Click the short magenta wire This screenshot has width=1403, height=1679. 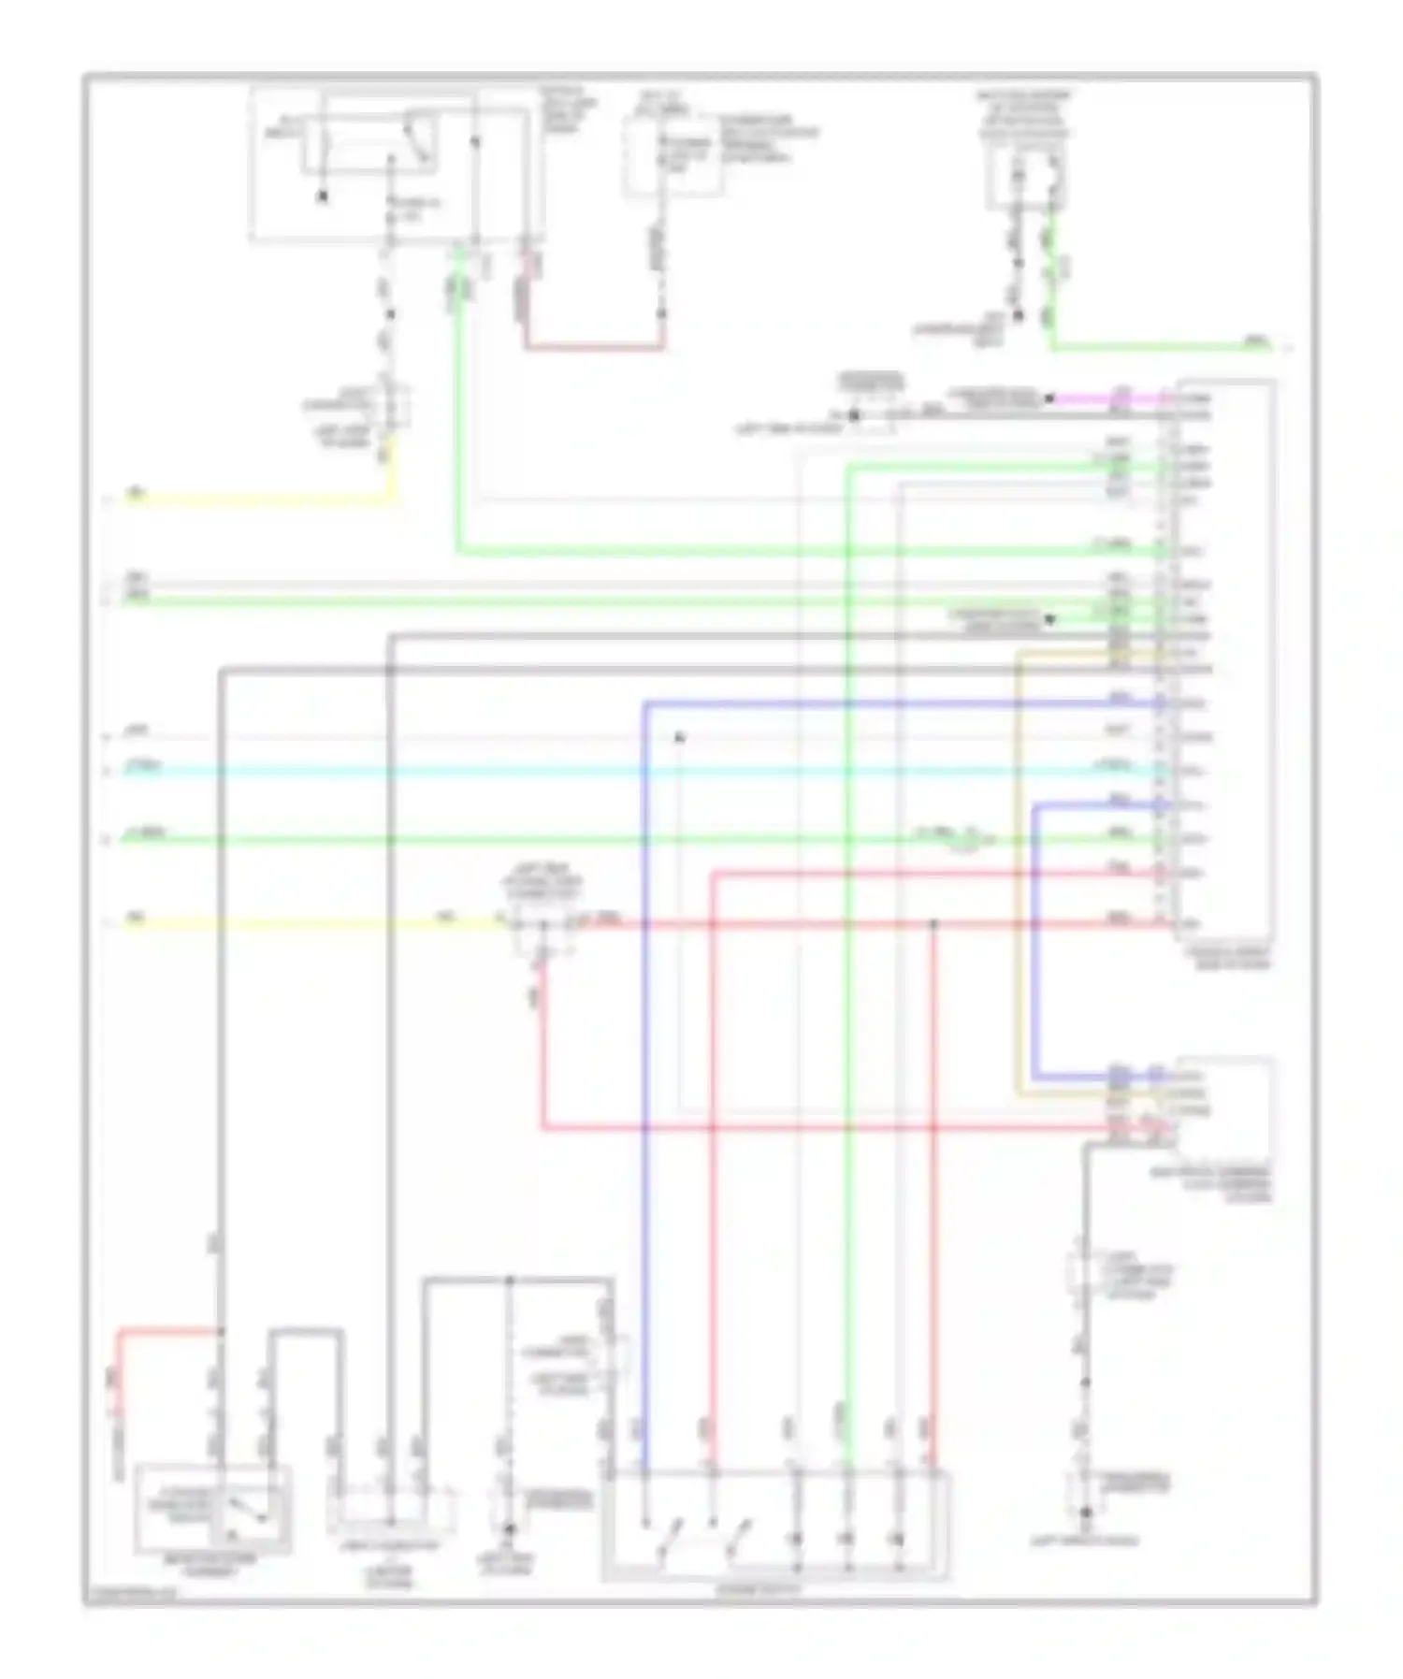coord(1104,398)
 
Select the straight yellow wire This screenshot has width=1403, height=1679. coord(309,924)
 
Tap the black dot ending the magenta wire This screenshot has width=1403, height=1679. coord(1049,399)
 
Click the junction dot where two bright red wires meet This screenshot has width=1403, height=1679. coord(933,924)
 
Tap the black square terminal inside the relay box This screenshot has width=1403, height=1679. coord(323,196)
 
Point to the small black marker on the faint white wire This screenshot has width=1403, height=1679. coord(681,738)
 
